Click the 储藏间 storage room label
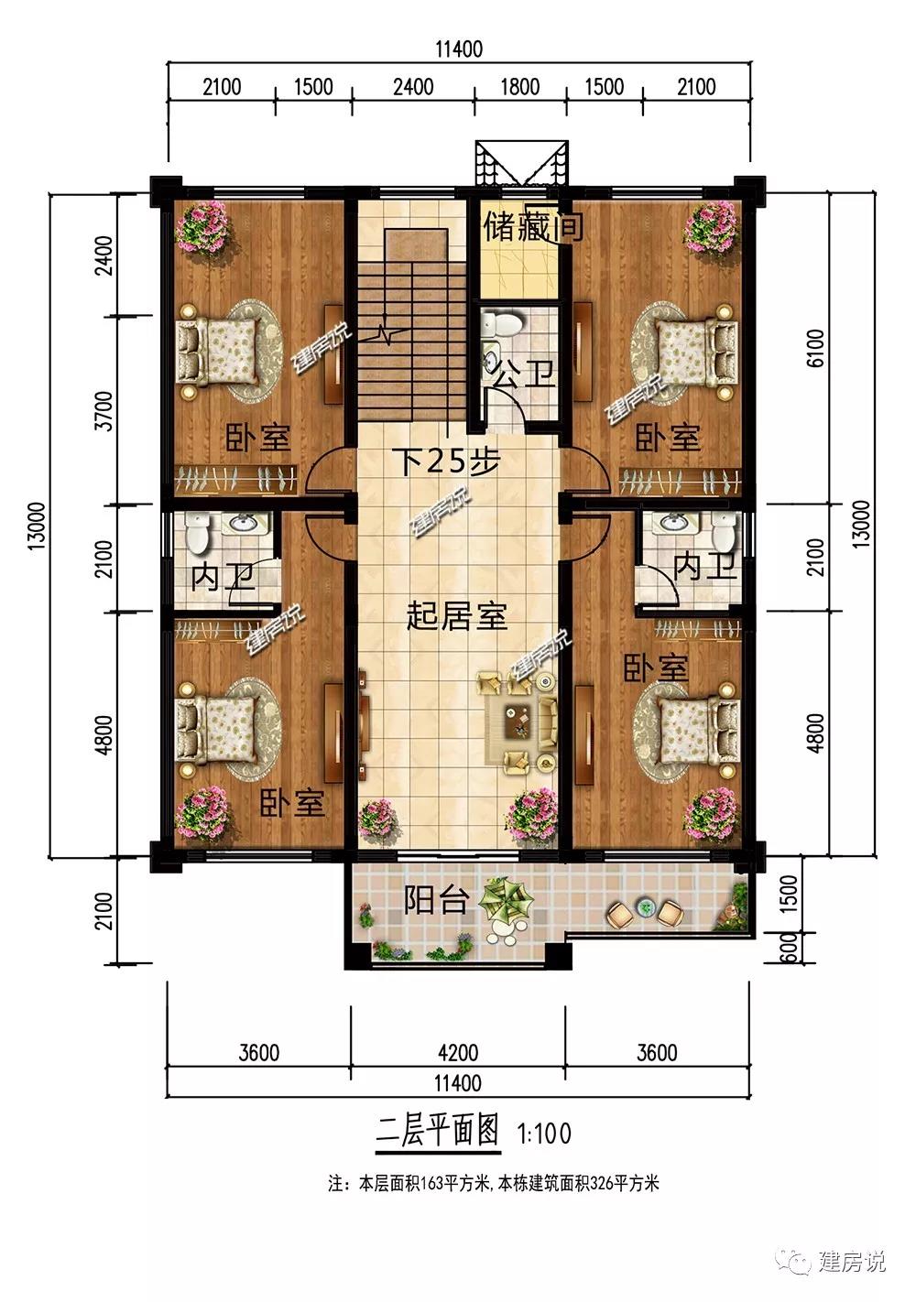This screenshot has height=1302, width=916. [533, 226]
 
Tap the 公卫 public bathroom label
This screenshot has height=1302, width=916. [524, 374]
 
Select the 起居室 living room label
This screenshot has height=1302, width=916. [457, 615]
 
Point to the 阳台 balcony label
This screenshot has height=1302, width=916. [436, 900]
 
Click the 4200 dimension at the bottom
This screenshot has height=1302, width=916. [458, 1053]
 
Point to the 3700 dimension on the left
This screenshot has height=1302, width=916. [104, 410]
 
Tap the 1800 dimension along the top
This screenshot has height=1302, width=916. [520, 87]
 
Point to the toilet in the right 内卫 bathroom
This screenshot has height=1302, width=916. [724, 532]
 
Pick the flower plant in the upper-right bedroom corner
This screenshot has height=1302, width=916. [710, 227]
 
